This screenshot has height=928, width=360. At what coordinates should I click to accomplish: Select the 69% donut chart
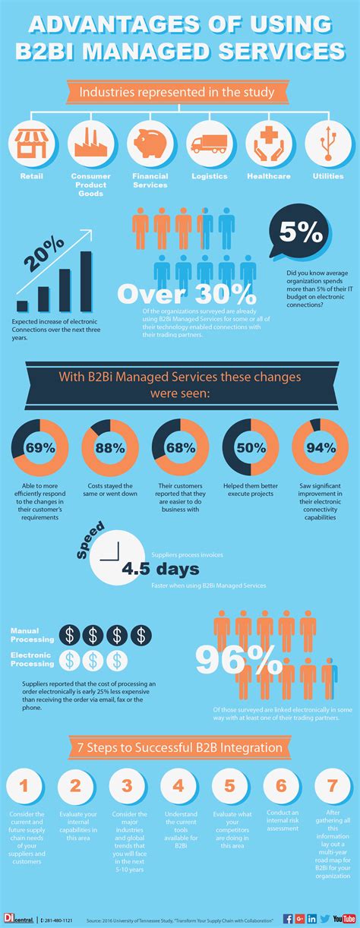tap(40, 448)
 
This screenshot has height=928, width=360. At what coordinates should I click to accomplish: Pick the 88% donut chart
tap(110, 448)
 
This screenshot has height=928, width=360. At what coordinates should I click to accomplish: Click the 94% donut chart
tap(321, 448)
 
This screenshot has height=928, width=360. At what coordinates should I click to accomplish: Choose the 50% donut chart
tap(250, 448)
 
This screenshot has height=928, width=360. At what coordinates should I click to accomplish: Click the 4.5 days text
tap(161, 569)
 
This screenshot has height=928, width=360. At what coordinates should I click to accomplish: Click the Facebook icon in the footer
tap(288, 918)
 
